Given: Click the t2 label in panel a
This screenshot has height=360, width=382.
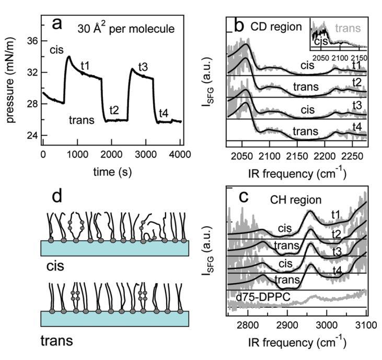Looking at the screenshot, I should point(114,110).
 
